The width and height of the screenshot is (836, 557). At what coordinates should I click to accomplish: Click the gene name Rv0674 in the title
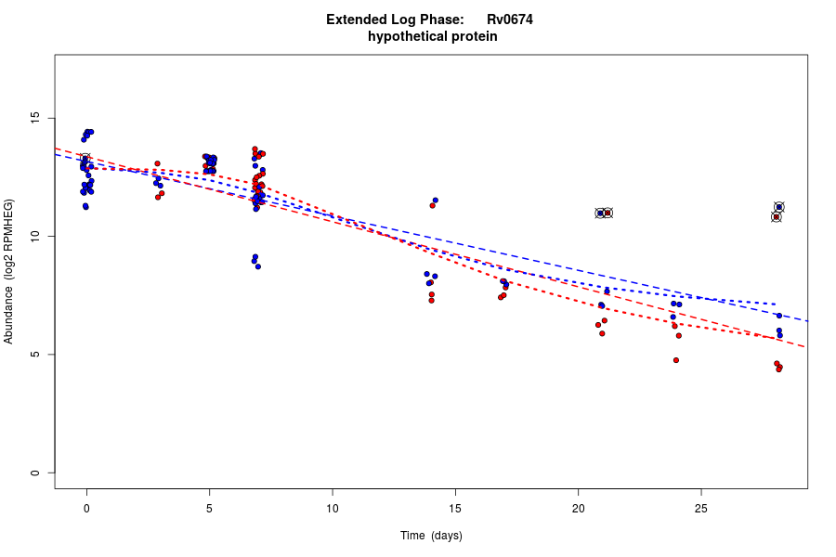[509, 19]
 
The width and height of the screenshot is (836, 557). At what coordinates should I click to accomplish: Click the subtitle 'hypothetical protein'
[432, 37]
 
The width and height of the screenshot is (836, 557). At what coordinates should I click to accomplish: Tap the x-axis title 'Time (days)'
[431, 536]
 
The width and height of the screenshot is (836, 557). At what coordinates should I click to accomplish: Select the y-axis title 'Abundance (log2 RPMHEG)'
[9, 271]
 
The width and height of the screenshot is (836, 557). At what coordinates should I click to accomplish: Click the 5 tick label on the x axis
[209, 508]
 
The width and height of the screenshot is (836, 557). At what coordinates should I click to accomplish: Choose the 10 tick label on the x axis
[332, 508]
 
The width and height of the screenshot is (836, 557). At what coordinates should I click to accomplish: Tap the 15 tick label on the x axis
[455, 508]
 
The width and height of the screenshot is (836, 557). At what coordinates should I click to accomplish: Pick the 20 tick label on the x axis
[578, 508]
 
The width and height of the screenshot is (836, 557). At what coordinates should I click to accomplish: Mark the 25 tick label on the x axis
[700, 508]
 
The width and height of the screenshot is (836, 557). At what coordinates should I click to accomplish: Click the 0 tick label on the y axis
[36, 473]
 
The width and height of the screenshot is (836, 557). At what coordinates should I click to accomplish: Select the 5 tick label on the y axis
[36, 355]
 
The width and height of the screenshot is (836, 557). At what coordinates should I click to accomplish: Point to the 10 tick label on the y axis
[36, 237]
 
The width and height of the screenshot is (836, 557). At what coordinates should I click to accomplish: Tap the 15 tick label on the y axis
[36, 119]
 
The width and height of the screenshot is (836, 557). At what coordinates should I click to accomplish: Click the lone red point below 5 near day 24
[676, 360]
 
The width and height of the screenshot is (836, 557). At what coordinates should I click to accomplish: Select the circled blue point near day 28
[779, 207]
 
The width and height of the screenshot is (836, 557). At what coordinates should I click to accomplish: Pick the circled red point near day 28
[777, 217]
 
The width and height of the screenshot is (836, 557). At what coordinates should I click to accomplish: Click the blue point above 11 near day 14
[435, 201]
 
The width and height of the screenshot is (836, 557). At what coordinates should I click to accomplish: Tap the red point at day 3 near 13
[157, 163]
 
